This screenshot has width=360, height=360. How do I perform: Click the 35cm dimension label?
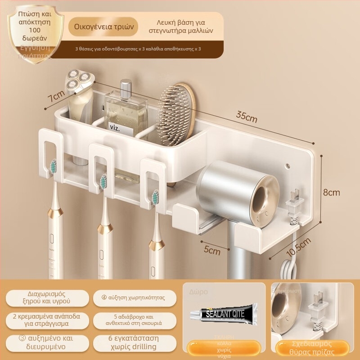point(247,119)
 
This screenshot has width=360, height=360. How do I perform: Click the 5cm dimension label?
point(211,250)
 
